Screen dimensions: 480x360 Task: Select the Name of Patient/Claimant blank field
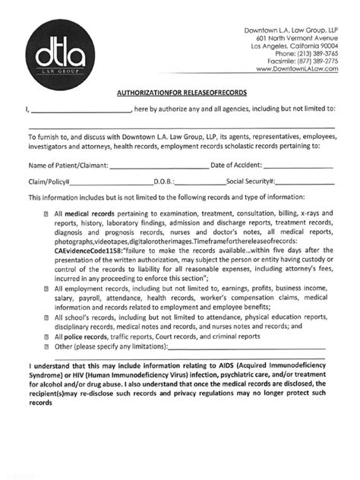point(159,164)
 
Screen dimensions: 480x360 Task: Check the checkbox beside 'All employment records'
point(47,288)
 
